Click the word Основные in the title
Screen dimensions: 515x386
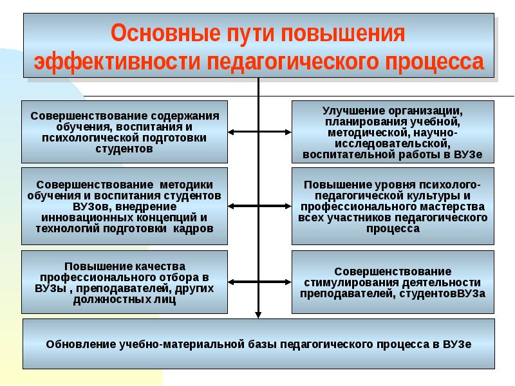(x=166, y=33)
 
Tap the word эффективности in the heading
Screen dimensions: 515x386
(x=117, y=61)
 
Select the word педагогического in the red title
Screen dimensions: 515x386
(x=292, y=62)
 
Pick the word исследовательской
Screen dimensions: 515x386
(x=393, y=143)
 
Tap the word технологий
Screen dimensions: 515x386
(x=68, y=228)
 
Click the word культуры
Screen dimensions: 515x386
(x=433, y=196)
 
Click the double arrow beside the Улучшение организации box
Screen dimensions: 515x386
(x=259, y=132)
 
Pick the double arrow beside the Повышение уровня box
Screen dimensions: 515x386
(x=259, y=206)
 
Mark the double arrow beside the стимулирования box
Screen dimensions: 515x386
(x=259, y=282)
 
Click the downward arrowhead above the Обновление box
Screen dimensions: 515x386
(x=259, y=315)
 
